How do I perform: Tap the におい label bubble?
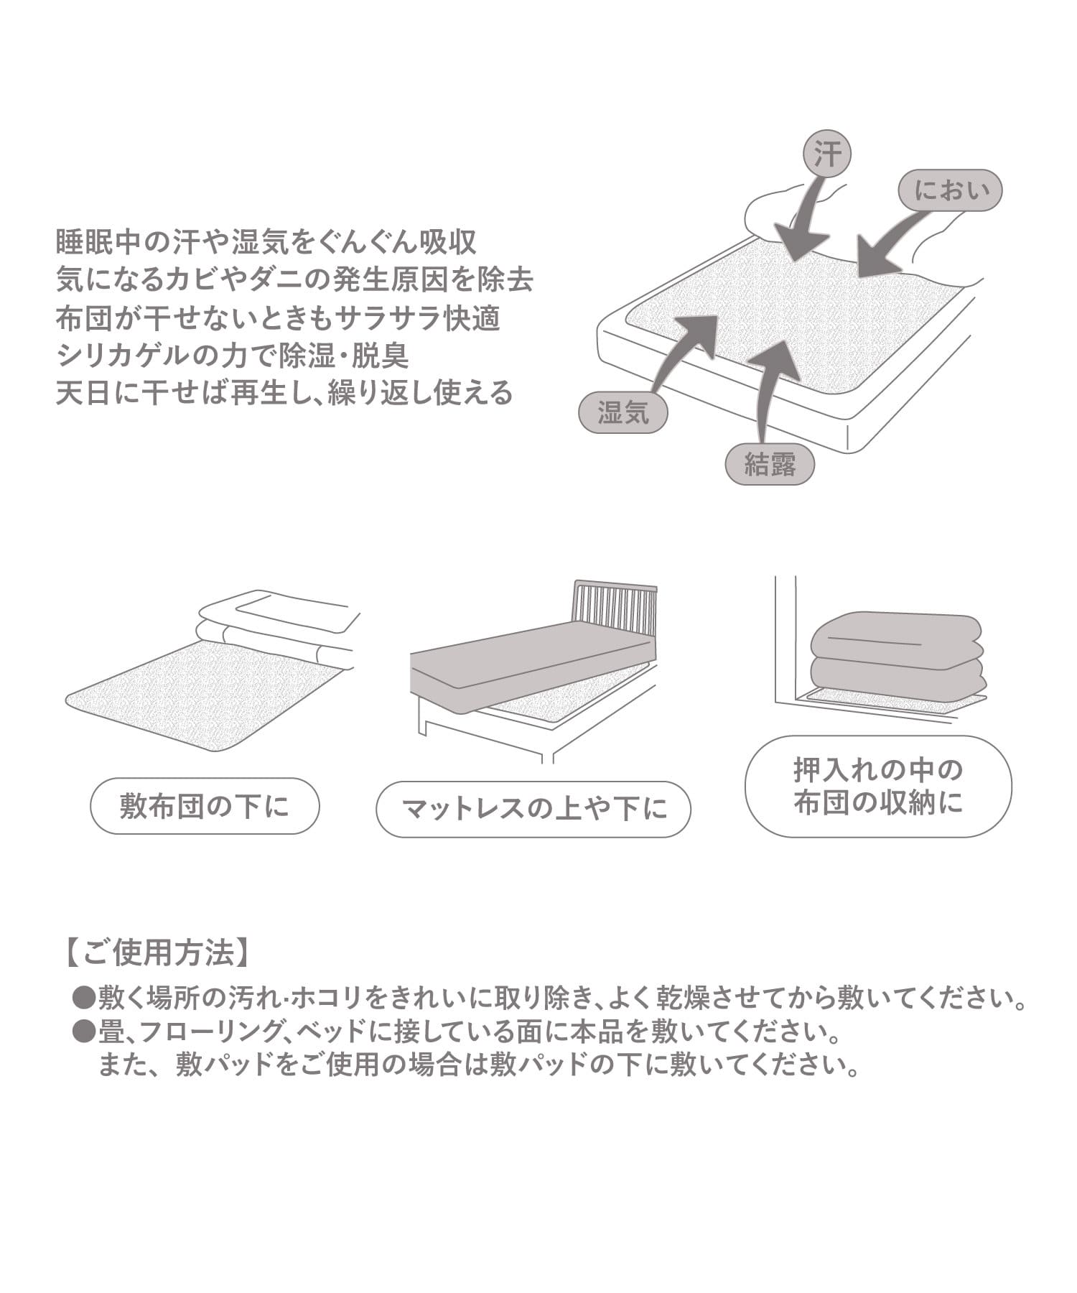(951, 190)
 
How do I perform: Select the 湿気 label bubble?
(623, 412)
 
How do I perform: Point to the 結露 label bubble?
(770, 465)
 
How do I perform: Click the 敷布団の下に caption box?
(205, 806)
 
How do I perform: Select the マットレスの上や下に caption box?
(533, 810)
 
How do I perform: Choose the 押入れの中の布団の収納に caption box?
(878, 787)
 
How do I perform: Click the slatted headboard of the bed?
(615, 607)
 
